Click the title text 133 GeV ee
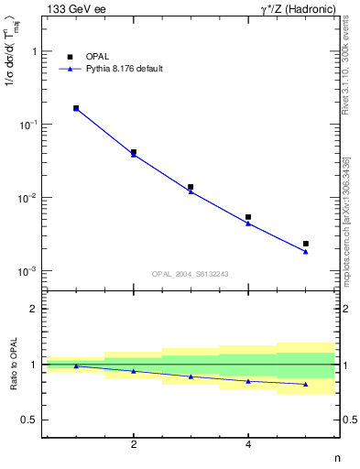coord(74,10)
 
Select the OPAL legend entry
coord(96,57)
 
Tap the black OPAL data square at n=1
coord(76,108)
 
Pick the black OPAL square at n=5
coord(306,244)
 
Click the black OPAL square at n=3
coord(191,187)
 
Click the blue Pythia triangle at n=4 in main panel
coord(248,224)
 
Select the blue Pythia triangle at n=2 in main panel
coord(134,155)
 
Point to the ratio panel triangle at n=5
coord(306,384)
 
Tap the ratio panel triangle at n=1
coord(76,366)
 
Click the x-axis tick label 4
coord(248,444)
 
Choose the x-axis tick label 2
coord(134,444)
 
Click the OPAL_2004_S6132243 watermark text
coord(191,274)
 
